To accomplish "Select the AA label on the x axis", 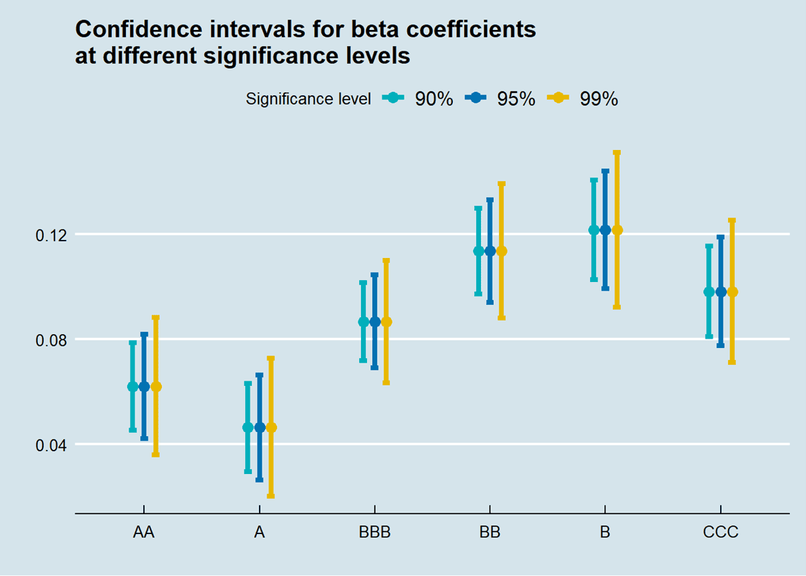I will pyautogui.click(x=144, y=533).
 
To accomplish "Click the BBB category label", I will pyautogui.click(x=374, y=533).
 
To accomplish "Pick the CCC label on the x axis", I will pyautogui.click(x=720, y=533).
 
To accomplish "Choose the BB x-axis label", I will pyautogui.click(x=490, y=533).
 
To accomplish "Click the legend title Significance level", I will pyautogui.click(x=308, y=99).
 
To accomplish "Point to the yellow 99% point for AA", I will pyautogui.click(x=156, y=387).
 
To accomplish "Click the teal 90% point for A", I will pyautogui.click(x=248, y=427).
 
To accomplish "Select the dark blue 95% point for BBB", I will pyautogui.click(x=374, y=322).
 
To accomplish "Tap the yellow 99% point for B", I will pyautogui.click(x=617, y=230).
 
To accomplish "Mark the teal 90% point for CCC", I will pyautogui.click(x=709, y=292).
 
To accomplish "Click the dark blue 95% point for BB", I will pyautogui.click(x=490, y=251).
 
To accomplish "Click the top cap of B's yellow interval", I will pyautogui.click(x=617, y=153).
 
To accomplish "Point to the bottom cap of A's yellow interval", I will pyautogui.click(x=271, y=496).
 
